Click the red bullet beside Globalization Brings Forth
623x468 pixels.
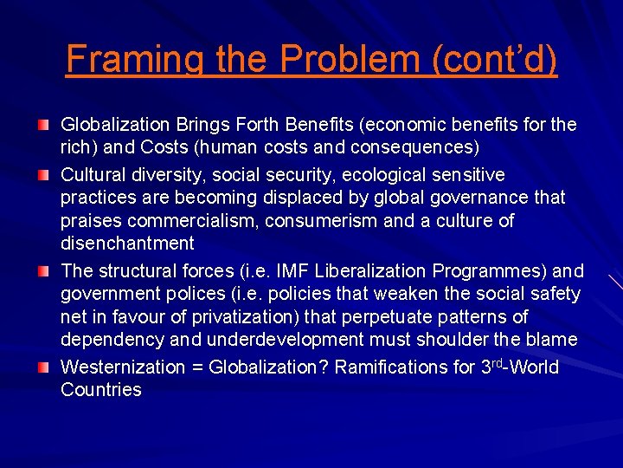click(43, 126)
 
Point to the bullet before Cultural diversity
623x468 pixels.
click(43, 176)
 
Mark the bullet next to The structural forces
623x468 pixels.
click(43, 272)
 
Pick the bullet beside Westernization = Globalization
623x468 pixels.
click(43, 367)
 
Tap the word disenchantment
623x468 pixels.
click(127, 244)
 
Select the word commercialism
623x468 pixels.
click(183, 221)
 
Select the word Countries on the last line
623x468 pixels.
click(100, 390)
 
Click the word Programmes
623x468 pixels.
click(479, 271)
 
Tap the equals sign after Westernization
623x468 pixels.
click(197, 367)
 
